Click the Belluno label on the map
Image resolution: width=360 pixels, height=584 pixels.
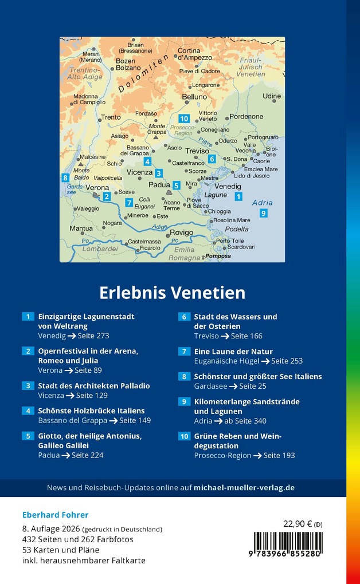tap(194, 97)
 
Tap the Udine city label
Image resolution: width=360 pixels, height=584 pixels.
tap(272, 96)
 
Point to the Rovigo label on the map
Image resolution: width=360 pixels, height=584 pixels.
tap(181, 232)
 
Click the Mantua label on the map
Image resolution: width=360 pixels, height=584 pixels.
tap(81, 228)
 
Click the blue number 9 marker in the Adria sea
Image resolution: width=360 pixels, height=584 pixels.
tap(263, 214)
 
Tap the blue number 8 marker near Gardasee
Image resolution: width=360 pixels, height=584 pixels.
tap(65, 178)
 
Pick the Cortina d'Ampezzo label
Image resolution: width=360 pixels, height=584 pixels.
tap(197, 54)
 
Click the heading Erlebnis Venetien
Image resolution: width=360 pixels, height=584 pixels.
tap(172, 293)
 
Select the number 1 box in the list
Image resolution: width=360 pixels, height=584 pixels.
tap(28, 317)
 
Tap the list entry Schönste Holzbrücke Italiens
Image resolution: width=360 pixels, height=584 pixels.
tap(91, 411)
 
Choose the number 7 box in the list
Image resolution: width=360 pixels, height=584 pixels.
tap(184, 352)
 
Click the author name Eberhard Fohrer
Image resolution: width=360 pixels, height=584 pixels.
tap(56, 515)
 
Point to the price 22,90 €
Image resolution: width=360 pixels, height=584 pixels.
tap(298, 523)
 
